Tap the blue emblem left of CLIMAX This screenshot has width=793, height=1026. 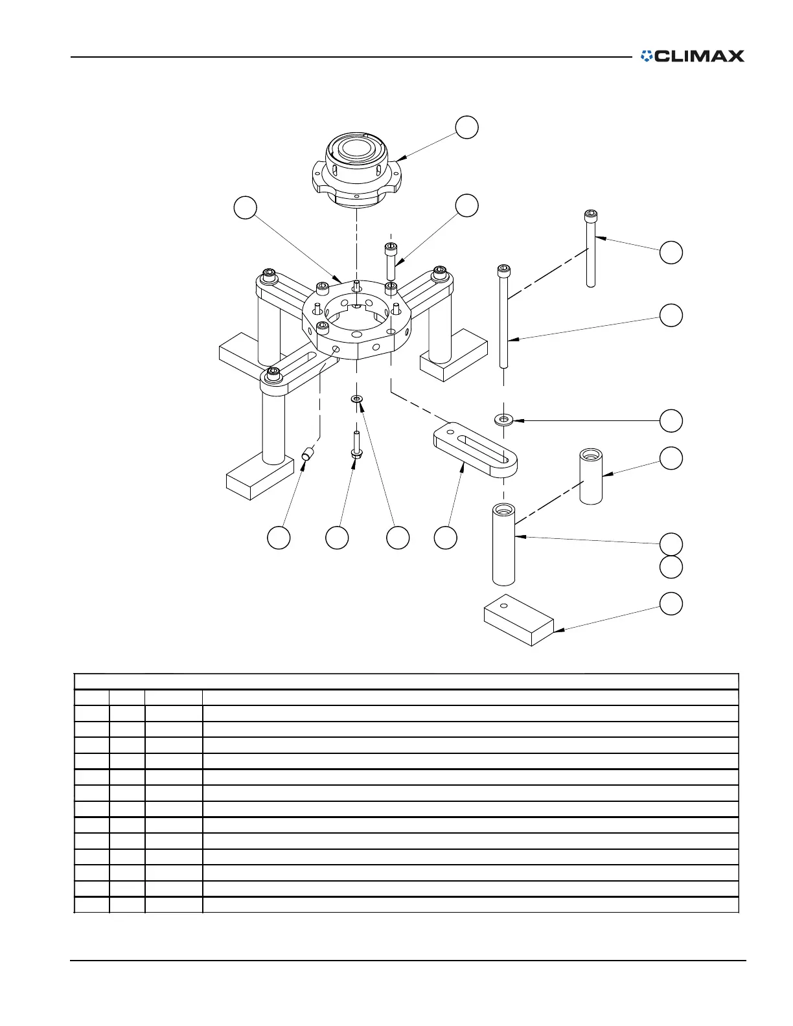click(647, 56)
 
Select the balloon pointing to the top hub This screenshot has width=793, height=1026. click(466, 128)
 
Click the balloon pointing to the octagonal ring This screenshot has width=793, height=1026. click(245, 208)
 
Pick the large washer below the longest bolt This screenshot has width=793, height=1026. click(504, 420)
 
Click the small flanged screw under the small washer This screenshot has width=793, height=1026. click(356, 447)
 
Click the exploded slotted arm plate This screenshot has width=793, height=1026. click(475, 450)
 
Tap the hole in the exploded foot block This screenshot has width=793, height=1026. click(504, 606)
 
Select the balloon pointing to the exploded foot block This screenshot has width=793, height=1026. click(671, 604)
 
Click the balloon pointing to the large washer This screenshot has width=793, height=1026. click(671, 420)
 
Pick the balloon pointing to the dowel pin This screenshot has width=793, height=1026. click(279, 538)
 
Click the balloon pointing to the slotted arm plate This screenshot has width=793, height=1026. click(446, 538)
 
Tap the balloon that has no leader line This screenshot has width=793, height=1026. click(671, 567)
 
